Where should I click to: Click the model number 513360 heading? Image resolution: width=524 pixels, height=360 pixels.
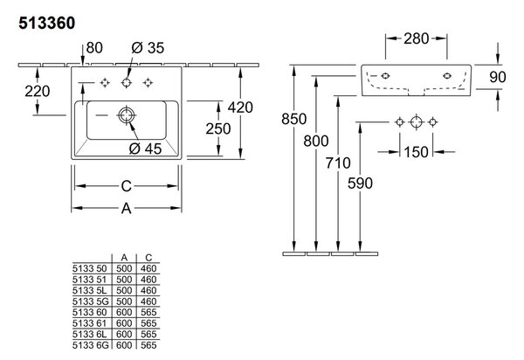pyautogui.click(x=47, y=23)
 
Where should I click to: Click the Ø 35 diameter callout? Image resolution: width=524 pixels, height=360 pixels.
pyautogui.click(x=148, y=48)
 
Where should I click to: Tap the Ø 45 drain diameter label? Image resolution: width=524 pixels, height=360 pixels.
pyautogui.click(x=145, y=149)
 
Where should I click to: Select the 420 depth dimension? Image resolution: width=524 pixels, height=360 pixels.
pyautogui.click(x=240, y=107)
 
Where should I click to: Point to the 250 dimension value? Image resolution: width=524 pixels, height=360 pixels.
pyautogui.click(x=217, y=128)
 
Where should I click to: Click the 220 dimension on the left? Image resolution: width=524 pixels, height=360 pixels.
pyautogui.click(x=37, y=91)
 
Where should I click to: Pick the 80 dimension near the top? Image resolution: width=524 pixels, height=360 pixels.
pyautogui.click(x=94, y=48)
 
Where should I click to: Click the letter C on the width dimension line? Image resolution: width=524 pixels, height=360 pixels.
pyautogui.click(x=127, y=186)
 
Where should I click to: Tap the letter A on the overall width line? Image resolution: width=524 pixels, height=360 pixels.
pyautogui.click(x=127, y=209)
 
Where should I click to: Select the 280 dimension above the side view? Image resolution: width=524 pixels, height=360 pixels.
pyautogui.click(x=416, y=38)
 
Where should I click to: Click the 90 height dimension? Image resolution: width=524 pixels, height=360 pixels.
pyautogui.click(x=498, y=77)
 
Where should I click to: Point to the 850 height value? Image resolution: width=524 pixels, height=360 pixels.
pyautogui.click(x=293, y=119)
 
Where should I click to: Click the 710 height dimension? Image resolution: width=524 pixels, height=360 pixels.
pyautogui.click(x=338, y=163)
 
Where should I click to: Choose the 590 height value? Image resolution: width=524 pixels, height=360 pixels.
pyautogui.click(x=360, y=183)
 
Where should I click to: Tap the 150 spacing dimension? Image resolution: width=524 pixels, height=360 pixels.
pyautogui.click(x=416, y=152)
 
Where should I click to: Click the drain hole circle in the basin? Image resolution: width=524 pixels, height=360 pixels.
pyautogui.click(x=127, y=115)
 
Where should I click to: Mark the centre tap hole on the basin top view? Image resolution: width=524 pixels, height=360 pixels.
pyautogui.click(x=127, y=82)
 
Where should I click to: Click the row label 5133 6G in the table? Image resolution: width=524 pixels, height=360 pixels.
pyautogui.click(x=91, y=345)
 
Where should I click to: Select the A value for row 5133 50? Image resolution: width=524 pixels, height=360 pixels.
pyautogui.click(x=124, y=268)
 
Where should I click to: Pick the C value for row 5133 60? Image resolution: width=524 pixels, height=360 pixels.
pyautogui.click(x=148, y=312)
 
